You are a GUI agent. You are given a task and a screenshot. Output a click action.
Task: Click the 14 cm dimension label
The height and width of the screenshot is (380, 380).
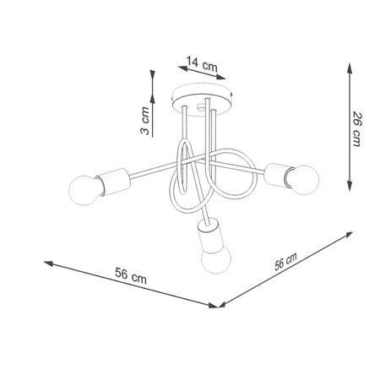(200, 61)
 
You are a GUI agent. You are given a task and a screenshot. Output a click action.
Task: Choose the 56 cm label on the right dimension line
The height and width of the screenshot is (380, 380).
(285, 262)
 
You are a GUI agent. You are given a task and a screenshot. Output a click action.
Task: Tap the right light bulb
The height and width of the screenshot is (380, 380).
(303, 177)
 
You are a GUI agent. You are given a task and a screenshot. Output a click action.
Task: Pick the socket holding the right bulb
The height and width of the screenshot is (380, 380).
(276, 173)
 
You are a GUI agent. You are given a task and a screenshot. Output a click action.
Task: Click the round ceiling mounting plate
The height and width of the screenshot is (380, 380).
(201, 94)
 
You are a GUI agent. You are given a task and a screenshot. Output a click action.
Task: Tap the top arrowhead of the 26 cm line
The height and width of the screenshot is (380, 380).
(350, 65)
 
